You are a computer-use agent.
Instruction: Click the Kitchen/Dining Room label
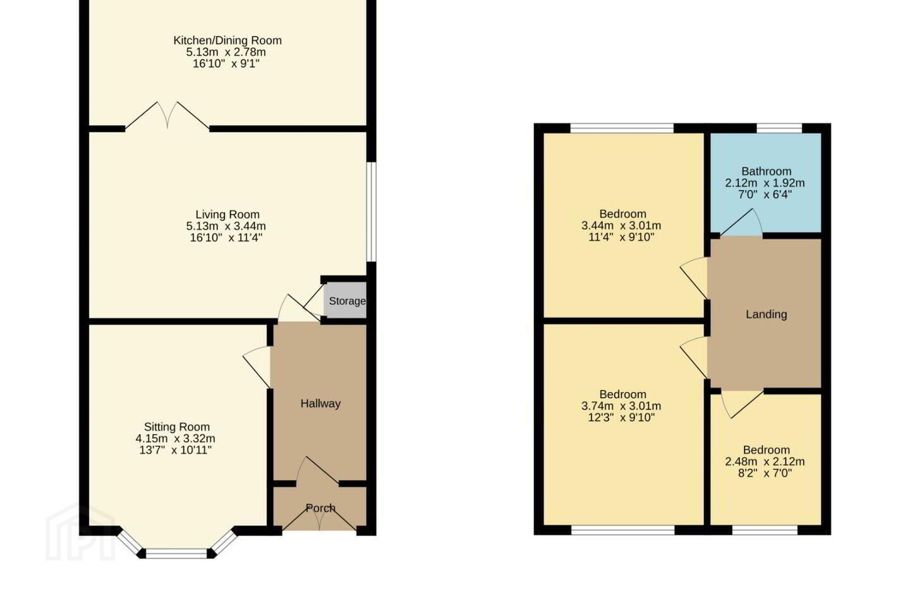click(x=227, y=40)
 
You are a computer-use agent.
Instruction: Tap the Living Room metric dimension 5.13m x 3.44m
click(x=226, y=226)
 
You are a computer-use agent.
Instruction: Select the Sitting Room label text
click(x=177, y=427)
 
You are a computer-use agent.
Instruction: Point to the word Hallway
click(x=320, y=403)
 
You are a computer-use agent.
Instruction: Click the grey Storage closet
click(x=345, y=300)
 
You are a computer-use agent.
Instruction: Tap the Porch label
click(x=320, y=508)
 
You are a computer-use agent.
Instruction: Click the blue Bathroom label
click(x=766, y=171)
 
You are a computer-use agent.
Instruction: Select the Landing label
click(x=766, y=314)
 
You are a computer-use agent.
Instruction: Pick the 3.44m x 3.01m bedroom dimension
click(x=621, y=225)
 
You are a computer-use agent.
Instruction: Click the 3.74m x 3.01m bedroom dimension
click(x=621, y=406)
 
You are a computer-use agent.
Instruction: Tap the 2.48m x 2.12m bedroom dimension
click(x=765, y=461)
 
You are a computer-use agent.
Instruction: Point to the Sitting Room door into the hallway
click(x=257, y=367)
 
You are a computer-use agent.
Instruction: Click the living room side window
click(x=372, y=212)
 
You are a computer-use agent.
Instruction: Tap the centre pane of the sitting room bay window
click(x=176, y=554)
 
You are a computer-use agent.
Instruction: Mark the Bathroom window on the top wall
click(x=779, y=128)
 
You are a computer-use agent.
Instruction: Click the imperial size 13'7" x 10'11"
click(x=176, y=450)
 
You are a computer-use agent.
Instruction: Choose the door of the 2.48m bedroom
click(x=742, y=404)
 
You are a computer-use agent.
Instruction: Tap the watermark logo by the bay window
click(x=80, y=533)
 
